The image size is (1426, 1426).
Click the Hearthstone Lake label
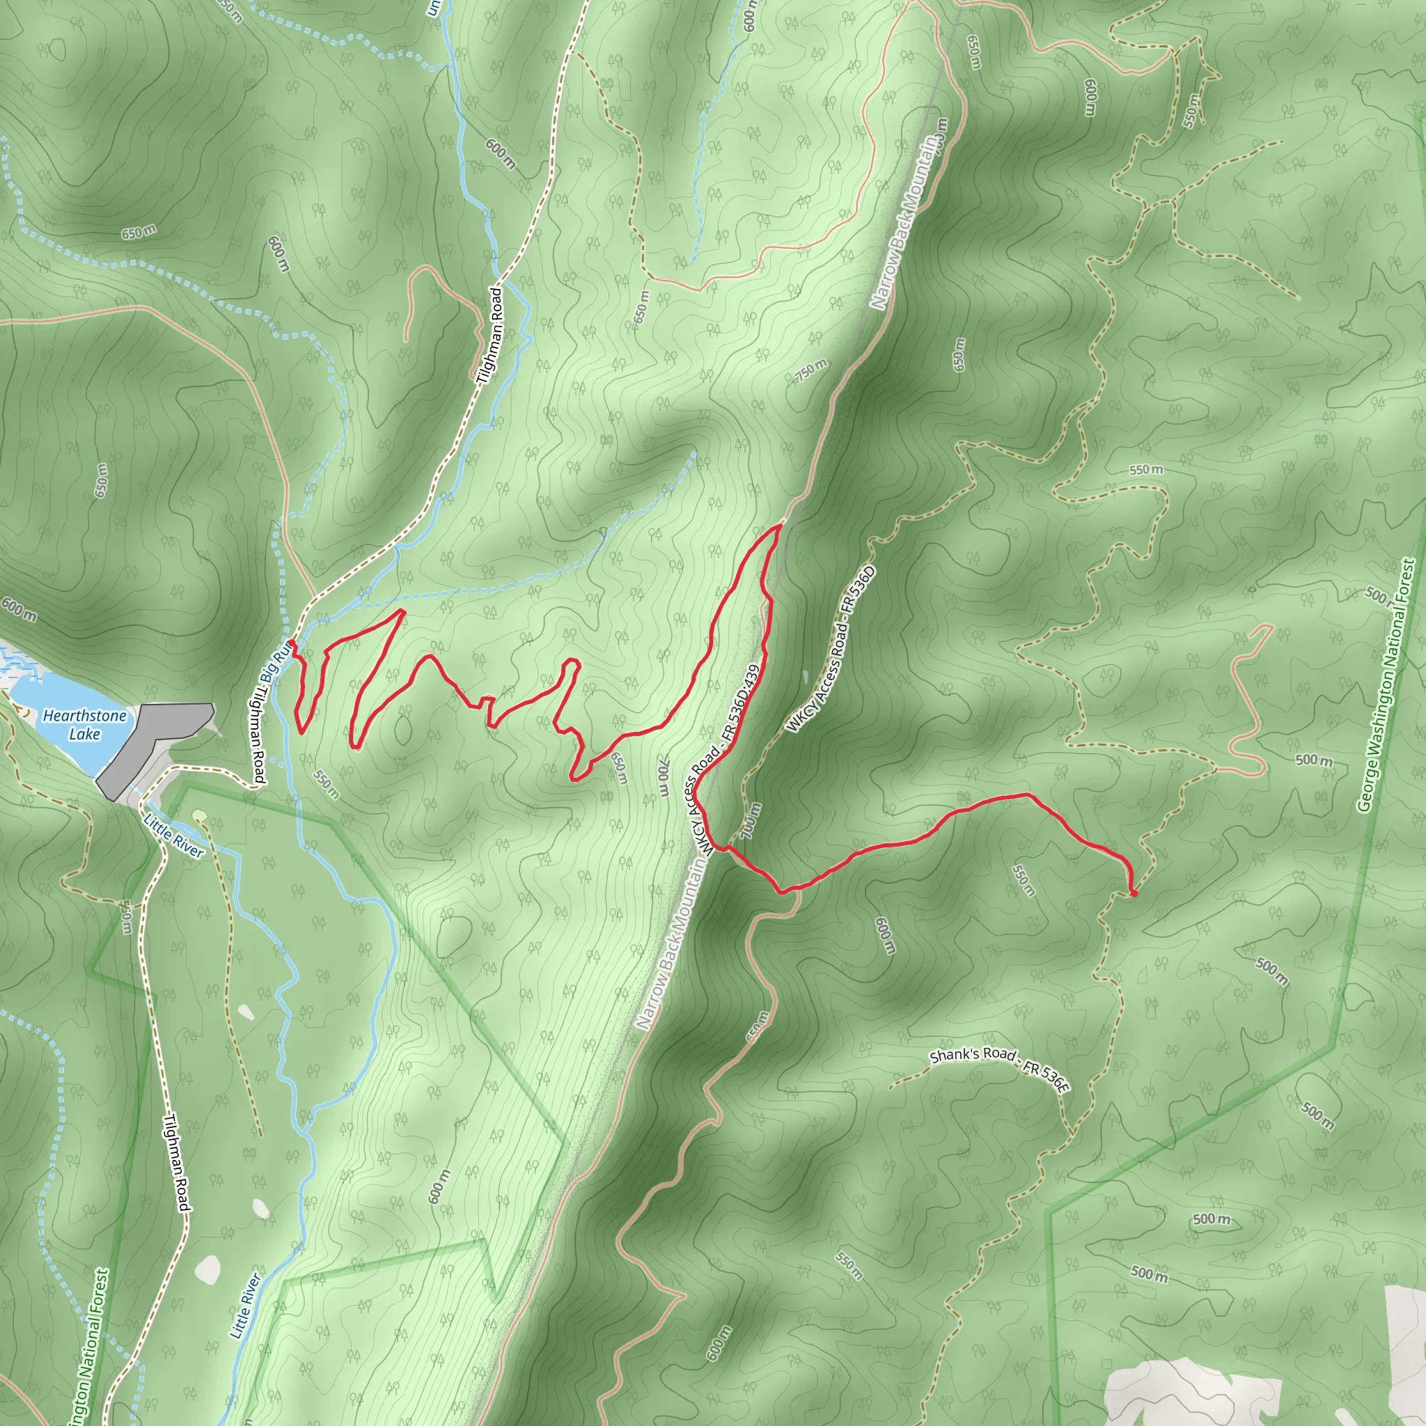(x=84, y=724)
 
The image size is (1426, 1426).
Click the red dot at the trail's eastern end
(x=1134, y=894)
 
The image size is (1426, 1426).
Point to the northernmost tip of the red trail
(x=779, y=526)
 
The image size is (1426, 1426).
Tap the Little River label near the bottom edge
(x=245, y=1305)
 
